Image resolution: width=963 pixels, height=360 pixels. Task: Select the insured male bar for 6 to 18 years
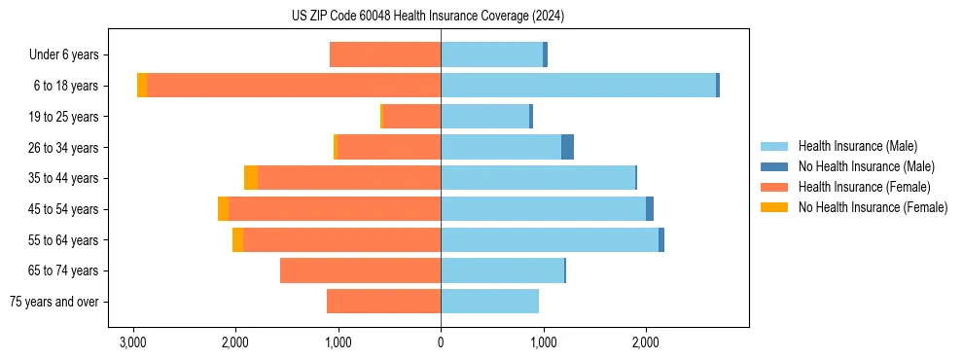click(x=578, y=86)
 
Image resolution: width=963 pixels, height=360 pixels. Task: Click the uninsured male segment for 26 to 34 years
click(x=567, y=147)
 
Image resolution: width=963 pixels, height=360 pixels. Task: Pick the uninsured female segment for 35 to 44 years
click(x=251, y=178)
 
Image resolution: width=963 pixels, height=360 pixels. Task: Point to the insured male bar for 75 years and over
click(x=489, y=302)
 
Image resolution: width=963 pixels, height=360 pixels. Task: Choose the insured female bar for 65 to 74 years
click(x=360, y=270)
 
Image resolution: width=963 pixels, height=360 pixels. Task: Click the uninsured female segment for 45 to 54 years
click(x=224, y=209)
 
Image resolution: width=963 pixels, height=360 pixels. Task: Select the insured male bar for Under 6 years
click(x=491, y=54)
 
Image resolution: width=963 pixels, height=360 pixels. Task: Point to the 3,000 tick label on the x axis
click(x=133, y=342)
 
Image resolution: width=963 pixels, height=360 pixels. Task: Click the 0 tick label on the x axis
click(x=441, y=342)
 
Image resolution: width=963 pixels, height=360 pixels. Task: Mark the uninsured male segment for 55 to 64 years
click(x=661, y=240)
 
